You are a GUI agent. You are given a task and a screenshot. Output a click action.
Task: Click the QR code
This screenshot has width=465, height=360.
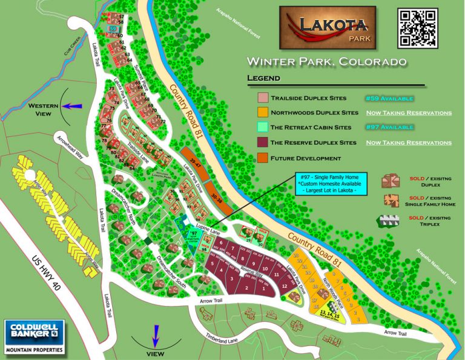[x=417, y=28]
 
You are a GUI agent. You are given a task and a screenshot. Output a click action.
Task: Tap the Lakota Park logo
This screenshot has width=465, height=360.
[x=327, y=28]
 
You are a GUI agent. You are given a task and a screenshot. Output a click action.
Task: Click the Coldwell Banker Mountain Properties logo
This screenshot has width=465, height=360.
[x=34, y=337]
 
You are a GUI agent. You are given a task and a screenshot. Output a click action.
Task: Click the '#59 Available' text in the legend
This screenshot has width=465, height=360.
[x=389, y=98]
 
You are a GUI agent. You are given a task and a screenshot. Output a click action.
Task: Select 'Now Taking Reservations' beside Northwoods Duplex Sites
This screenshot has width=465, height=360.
[x=408, y=113]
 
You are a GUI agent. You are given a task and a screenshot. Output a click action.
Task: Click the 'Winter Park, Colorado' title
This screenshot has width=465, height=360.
[x=326, y=62]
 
